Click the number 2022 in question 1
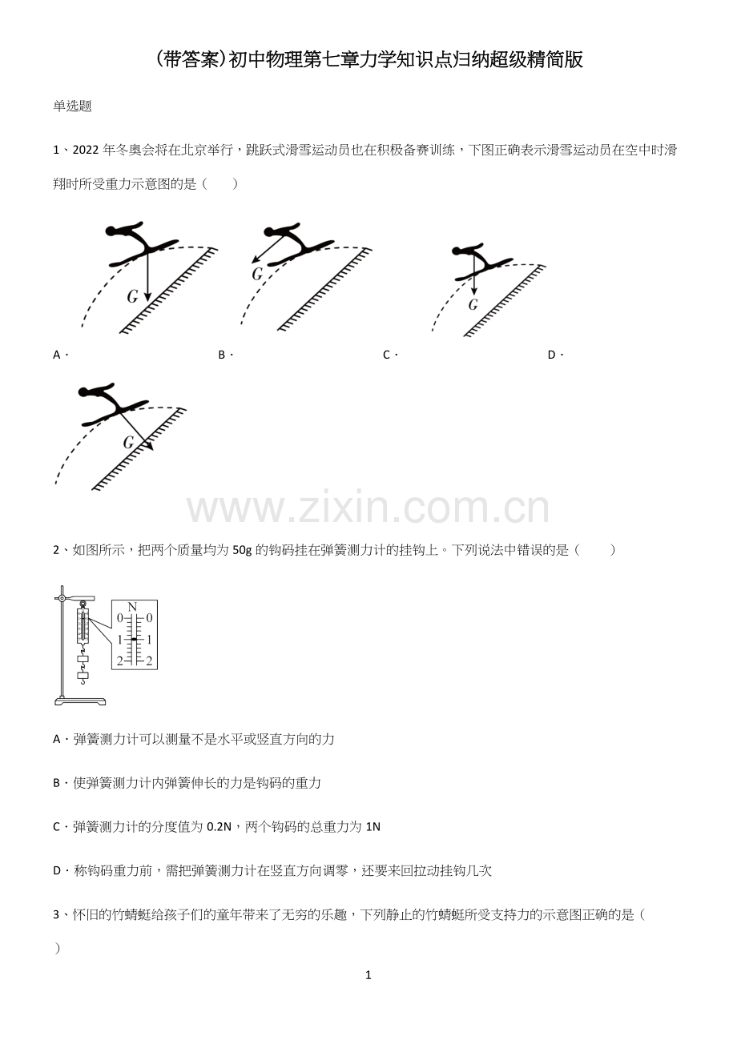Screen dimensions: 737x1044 tap(86, 150)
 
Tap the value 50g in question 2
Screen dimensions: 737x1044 tap(242, 551)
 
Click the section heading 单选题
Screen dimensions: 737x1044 tap(72, 106)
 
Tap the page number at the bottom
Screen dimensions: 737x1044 tap(368, 975)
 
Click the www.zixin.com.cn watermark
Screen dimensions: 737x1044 tap(368, 508)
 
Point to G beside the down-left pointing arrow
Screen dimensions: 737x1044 tap(257, 274)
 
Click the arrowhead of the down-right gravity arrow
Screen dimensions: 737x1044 tap(150, 447)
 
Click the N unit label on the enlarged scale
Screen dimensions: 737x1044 tap(132, 607)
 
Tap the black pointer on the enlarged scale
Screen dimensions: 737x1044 tap(134, 640)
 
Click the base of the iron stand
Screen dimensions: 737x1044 tap(80, 701)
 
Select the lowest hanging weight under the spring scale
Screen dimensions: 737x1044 tap(83, 676)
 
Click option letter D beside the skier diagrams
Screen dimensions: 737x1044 tap(552, 355)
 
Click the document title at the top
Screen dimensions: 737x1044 tap(368, 60)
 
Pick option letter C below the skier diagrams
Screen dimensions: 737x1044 tap(387, 355)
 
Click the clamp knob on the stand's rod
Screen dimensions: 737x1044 tap(61, 598)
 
